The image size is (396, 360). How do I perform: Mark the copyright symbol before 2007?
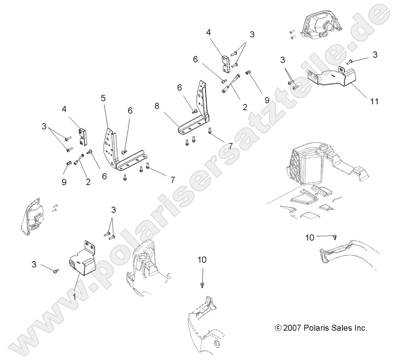click(x=278, y=328)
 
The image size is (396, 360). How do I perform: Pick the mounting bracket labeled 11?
click(x=332, y=79)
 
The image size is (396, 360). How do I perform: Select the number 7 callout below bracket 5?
click(x=172, y=179)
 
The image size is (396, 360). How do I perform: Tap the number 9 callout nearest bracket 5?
click(x=63, y=182)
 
